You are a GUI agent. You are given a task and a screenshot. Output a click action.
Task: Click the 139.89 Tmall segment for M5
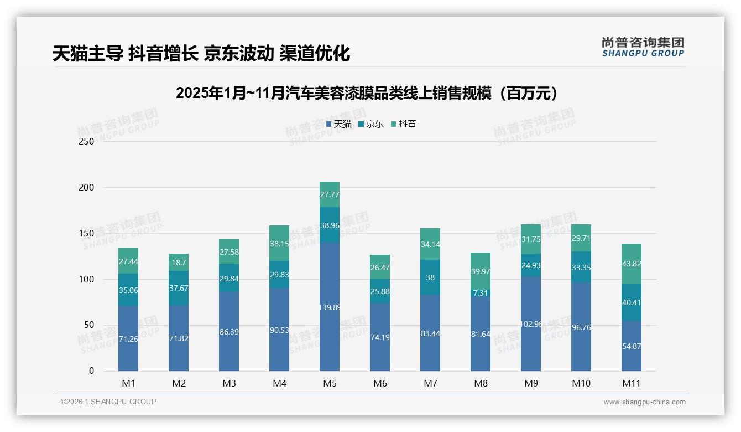(330, 306)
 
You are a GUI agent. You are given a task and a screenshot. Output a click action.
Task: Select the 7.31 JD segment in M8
(481, 293)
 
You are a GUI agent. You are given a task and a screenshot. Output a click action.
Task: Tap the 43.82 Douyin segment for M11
(632, 264)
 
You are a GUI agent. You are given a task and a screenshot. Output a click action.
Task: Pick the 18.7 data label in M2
(179, 263)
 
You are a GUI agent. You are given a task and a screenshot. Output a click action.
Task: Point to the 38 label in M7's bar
(430, 279)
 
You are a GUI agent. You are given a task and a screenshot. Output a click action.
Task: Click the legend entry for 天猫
(338, 124)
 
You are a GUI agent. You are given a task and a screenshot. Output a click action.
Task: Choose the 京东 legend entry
(371, 124)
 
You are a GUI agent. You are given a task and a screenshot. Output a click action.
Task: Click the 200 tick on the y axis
(86, 187)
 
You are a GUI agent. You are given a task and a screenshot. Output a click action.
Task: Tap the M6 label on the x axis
(380, 383)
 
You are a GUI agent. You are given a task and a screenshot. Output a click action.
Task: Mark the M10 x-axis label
(581, 383)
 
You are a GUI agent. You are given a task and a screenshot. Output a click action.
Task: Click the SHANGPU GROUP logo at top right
(643, 47)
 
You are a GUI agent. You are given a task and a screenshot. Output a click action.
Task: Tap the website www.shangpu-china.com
(644, 402)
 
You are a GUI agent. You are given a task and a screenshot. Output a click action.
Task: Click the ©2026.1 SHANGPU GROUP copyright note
(108, 402)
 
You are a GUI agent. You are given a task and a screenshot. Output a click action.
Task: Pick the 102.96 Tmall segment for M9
(531, 324)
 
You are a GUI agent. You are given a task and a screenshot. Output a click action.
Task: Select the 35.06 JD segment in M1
(128, 289)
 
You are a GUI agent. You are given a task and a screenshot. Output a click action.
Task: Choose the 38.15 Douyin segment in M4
(279, 243)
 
